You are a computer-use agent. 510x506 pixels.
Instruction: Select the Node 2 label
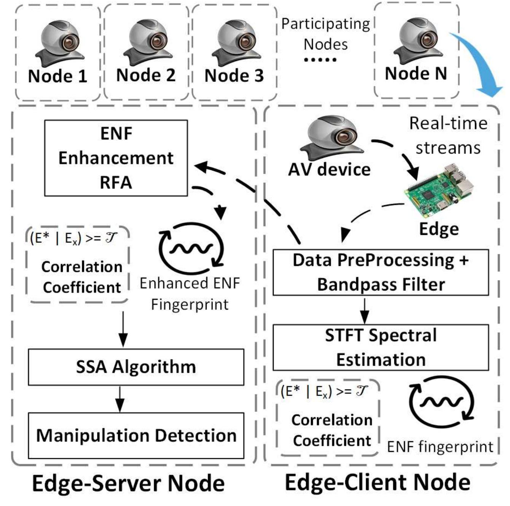[146, 75]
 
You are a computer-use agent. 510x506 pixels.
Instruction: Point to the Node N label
[416, 73]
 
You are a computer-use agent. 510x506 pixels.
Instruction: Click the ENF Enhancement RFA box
[116, 158]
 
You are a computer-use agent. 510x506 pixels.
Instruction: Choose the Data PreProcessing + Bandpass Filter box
[381, 273]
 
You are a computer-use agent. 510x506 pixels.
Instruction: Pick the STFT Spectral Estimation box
[381, 347]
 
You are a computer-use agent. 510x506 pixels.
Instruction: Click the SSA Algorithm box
[136, 367]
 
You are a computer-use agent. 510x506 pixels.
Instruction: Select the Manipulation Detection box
[136, 436]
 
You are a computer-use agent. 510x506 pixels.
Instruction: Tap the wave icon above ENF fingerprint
[441, 402]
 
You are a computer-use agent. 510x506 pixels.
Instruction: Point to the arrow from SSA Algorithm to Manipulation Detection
[120, 399]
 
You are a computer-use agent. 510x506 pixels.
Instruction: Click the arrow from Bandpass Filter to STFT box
[365, 310]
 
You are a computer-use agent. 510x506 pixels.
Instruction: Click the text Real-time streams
[448, 135]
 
